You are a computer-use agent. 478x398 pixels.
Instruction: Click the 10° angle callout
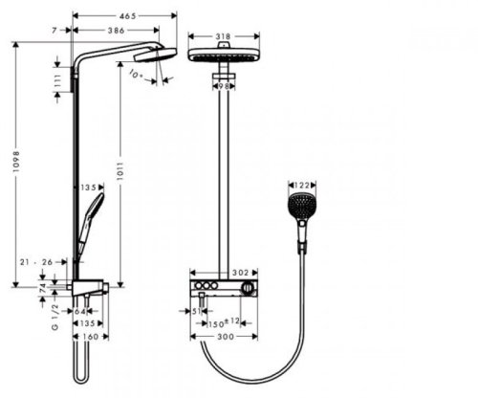(137, 74)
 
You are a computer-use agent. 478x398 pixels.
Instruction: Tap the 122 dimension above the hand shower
(301, 185)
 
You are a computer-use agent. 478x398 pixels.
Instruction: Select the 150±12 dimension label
(225, 322)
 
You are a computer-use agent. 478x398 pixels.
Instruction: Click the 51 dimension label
(194, 311)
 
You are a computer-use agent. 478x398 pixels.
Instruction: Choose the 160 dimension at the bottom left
(91, 337)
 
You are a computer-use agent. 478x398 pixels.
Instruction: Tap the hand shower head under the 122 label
(301, 205)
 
